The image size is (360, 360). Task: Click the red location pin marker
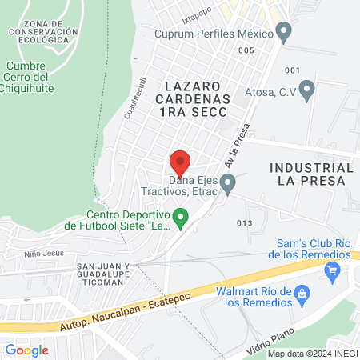(x=180, y=163)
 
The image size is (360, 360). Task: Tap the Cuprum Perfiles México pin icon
(x=283, y=31)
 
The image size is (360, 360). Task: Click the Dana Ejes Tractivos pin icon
(x=228, y=186)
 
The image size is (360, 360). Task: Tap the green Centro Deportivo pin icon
(x=181, y=218)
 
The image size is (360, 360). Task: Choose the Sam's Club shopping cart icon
(x=332, y=272)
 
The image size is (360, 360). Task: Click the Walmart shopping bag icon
(x=302, y=294)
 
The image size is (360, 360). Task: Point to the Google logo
(x=26, y=350)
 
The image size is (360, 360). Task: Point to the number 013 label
(x=245, y=222)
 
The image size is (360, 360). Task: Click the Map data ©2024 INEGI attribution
(x=312, y=354)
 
